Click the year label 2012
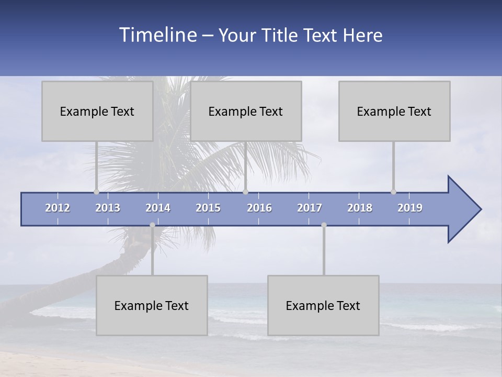click(x=58, y=208)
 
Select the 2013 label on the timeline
click(x=108, y=208)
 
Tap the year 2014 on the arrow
click(x=158, y=208)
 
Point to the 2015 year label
click(x=208, y=208)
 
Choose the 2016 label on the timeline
click(x=259, y=208)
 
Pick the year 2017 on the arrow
click(x=310, y=208)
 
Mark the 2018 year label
click(x=360, y=208)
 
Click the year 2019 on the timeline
click(x=410, y=208)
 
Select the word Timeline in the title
click(x=157, y=35)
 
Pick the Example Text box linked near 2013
click(x=97, y=112)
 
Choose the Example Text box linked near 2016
click(x=246, y=112)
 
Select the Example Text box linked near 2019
click(x=394, y=112)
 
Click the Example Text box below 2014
click(x=152, y=305)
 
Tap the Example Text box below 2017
click(x=323, y=305)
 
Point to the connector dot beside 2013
click(x=96, y=192)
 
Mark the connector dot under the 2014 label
click(x=152, y=225)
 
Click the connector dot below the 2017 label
click(x=324, y=225)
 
